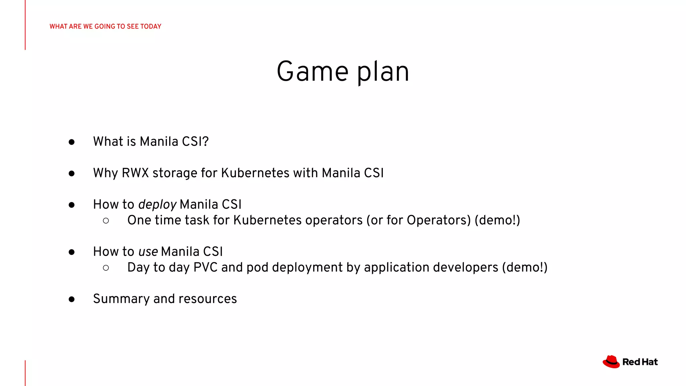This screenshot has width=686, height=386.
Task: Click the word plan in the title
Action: click(383, 72)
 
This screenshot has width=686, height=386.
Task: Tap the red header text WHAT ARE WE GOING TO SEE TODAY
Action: click(105, 26)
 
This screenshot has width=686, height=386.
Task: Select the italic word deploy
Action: click(157, 205)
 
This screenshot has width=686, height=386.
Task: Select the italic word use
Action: click(148, 252)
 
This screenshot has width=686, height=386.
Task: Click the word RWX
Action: click(135, 173)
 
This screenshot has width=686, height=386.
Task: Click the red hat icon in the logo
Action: click(611, 362)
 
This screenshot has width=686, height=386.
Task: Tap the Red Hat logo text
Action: click(640, 362)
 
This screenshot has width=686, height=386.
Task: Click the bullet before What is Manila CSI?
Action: click(71, 142)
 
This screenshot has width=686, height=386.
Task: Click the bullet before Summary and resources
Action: click(71, 299)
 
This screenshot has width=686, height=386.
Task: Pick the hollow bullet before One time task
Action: click(106, 220)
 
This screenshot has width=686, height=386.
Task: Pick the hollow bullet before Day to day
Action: click(106, 268)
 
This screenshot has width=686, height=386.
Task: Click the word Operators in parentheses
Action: click(438, 220)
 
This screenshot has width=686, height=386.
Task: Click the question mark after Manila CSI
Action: click(205, 141)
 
